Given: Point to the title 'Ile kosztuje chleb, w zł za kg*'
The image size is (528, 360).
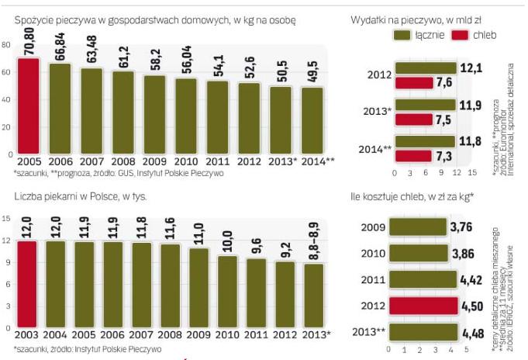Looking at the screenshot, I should tap(410, 196).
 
